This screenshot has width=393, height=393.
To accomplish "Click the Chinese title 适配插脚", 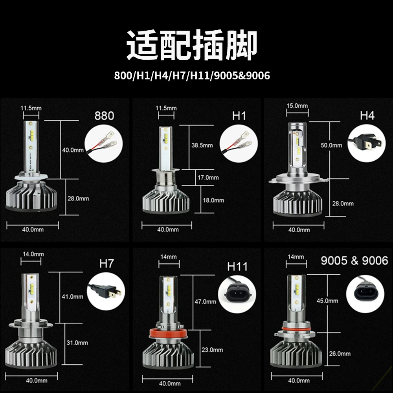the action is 192,45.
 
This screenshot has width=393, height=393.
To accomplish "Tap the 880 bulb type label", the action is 104,116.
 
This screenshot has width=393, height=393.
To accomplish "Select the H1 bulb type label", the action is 239,116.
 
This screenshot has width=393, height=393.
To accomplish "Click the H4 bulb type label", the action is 367,116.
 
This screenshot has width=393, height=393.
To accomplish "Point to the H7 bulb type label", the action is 107,264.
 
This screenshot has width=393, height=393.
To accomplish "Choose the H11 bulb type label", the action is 237,266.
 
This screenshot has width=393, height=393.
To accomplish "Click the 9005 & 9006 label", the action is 354,261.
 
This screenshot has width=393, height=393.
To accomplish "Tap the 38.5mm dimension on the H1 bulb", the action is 202,145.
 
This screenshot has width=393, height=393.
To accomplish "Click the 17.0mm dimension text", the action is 208,178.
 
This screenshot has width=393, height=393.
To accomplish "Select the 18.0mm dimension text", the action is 213,200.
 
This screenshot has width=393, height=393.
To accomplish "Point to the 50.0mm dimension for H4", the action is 331,145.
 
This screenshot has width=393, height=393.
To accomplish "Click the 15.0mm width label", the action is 297,106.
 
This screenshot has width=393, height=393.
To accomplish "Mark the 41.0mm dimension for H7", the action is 72,297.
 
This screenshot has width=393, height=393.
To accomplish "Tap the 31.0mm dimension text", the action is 77,343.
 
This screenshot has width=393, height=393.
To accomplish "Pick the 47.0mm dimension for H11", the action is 205,302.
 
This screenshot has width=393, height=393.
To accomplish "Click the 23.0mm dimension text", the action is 212,350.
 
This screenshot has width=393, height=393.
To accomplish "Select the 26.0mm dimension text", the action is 340,354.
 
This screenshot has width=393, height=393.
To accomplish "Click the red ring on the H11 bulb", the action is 169,333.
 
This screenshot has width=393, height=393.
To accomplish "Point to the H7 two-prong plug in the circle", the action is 105,291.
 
